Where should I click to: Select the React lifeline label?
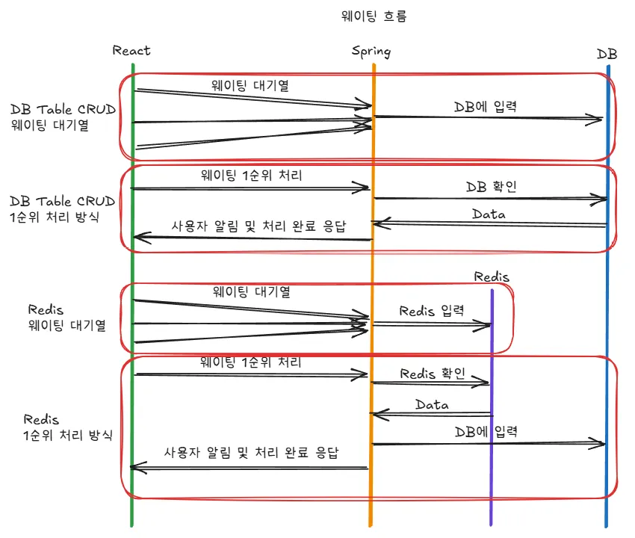[131, 50]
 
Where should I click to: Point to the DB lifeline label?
[607, 54]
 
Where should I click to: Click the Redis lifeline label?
[492, 276]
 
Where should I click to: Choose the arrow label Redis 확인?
[433, 373]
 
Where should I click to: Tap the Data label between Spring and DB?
[489, 214]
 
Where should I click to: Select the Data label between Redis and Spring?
[432, 404]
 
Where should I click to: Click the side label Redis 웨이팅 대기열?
[66, 317]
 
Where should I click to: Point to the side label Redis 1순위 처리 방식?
[68, 427]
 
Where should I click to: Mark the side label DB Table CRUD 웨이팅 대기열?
[63, 117]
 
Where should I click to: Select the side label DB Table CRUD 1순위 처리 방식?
[63, 209]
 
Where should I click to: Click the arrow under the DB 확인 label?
[490, 199]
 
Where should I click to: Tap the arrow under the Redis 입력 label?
[431, 324]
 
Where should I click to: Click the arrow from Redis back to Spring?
[431, 414]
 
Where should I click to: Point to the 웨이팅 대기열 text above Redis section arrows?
[251, 291]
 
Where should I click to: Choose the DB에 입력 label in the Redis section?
[486, 431]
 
